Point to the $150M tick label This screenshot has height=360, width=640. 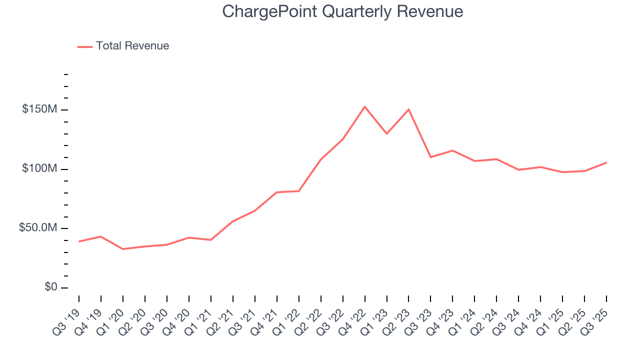click(39, 109)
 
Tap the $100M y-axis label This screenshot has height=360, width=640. click(39, 169)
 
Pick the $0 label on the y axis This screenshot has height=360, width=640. click(49, 287)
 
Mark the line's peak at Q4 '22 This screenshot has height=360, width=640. click(364, 106)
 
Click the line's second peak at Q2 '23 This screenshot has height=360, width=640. click(408, 109)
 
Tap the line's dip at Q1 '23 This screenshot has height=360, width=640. click(386, 134)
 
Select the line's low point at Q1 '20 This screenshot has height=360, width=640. click(123, 249)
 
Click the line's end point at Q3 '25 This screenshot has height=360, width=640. click(606, 162)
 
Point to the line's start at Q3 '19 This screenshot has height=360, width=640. click(79, 241)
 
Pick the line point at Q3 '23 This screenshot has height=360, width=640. click(430, 157)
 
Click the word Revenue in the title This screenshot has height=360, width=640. click(430, 11)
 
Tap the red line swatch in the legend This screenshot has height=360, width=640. click(85, 46)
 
